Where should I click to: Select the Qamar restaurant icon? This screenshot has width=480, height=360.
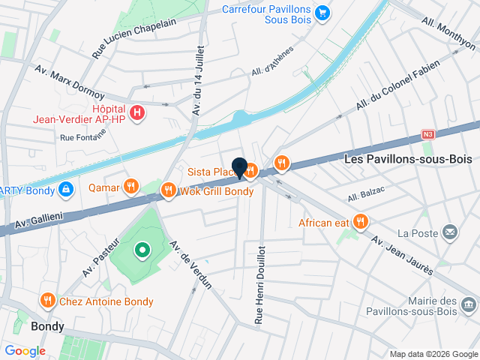click(x=131, y=186)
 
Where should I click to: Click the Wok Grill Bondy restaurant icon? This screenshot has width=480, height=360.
click(x=168, y=190)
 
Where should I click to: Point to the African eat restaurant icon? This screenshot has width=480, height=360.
click(x=361, y=221)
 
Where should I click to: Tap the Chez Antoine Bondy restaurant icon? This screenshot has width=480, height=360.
click(x=48, y=301)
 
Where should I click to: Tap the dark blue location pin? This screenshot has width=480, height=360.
click(x=240, y=168)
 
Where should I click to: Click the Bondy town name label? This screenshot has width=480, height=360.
click(x=47, y=327)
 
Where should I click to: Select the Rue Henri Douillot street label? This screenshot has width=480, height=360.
click(x=259, y=283)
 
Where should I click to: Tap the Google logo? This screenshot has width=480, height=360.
click(x=25, y=351)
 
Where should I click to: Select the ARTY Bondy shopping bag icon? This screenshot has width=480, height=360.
click(x=66, y=189)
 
